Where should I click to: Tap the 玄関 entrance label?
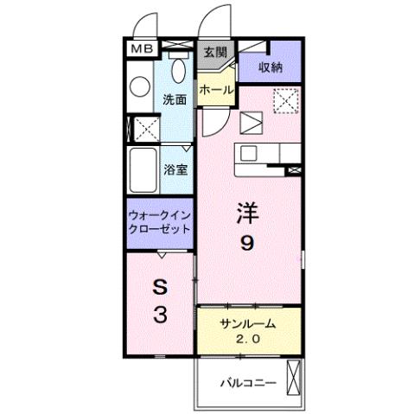(x=214, y=52)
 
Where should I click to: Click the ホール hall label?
(x=215, y=89)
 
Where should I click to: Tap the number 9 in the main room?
(x=247, y=245)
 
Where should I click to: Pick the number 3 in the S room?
(x=160, y=315)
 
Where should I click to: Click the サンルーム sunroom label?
(x=247, y=323)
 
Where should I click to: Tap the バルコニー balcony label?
(x=245, y=381)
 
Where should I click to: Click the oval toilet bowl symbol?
(x=179, y=72)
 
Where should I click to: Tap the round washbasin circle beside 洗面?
(x=138, y=86)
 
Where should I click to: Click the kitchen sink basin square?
(x=249, y=153)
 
